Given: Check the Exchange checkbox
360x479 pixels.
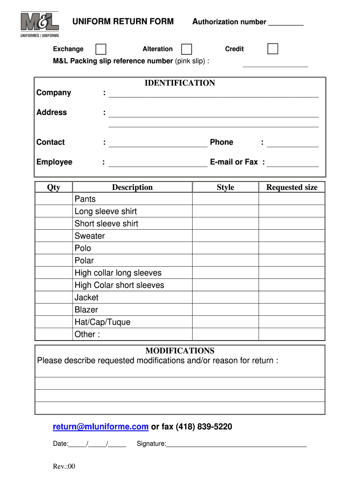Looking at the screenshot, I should pyautogui.click(x=101, y=49).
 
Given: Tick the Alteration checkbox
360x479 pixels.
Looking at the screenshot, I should pyautogui.click(x=187, y=49).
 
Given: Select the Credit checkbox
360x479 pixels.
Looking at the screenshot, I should pyautogui.click(x=273, y=49).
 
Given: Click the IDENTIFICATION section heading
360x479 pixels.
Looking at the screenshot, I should pyautogui.click(x=180, y=83).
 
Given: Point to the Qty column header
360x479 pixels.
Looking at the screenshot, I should pyautogui.click(x=54, y=188).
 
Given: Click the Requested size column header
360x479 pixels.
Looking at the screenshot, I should pyautogui.click(x=292, y=188).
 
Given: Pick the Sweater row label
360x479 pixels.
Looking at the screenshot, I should pyautogui.click(x=90, y=236).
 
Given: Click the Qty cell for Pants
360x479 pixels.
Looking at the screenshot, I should pyautogui.click(x=54, y=199).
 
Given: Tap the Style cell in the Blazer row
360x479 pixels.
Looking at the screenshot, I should pyautogui.click(x=225, y=310).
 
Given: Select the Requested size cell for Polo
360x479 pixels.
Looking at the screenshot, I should pyautogui.click(x=292, y=248).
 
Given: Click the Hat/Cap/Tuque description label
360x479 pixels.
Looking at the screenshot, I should pyautogui.click(x=102, y=322).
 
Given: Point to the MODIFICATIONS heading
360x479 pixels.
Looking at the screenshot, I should pyautogui.click(x=180, y=351).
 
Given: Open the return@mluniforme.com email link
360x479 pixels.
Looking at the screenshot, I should pyautogui.click(x=101, y=427).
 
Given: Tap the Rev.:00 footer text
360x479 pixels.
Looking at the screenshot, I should pyautogui.click(x=64, y=467).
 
